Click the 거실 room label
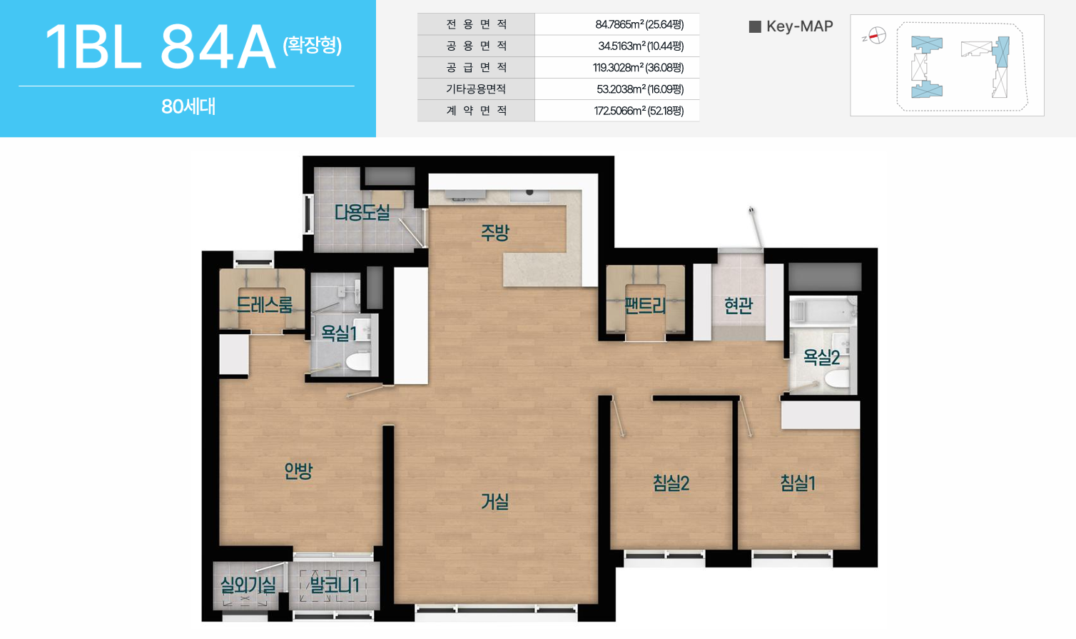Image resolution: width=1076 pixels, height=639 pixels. tap(494, 502)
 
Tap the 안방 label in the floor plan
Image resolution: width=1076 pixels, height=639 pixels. tap(298, 471)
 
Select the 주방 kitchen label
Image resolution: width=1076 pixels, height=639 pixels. tap(494, 233)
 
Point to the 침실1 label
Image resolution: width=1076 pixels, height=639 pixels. tap(798, 483)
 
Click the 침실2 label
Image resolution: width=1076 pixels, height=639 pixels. tap(671, 483)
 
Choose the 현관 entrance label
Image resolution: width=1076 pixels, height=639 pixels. tap(739, 306)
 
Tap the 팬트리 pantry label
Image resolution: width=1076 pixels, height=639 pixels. tap(645, 306)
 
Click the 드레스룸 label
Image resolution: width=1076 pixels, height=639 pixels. tap(264, 304)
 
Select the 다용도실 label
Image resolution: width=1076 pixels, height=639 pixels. tap(362, 212)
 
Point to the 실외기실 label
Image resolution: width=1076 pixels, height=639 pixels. tap(248, 585)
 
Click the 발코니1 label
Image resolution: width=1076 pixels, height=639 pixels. tap(335, 585)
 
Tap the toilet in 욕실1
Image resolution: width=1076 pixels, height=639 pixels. tap(359, 361)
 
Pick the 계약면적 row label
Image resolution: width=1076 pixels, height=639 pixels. tap(476, 111)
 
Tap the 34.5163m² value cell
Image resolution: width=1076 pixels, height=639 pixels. tap(641, 46)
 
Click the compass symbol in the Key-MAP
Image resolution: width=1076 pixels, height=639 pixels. tap(876, 36)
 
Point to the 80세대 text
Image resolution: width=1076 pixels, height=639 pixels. tap(188, 107)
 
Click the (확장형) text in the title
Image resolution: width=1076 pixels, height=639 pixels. tap(313, 46)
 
